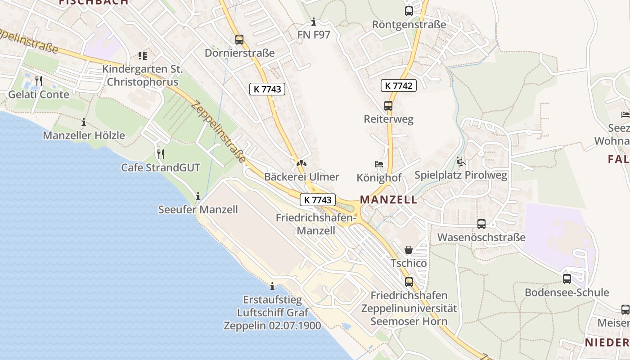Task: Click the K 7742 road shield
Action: pyautogui.click(x=399, y=85)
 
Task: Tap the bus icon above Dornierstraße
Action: pyautogui.click(x=239, y=40)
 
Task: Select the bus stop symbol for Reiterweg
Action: pyautogui.click(x=388, y=106)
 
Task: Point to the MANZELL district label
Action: pyautogui.click(x=389, y=200)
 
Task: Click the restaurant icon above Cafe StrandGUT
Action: pyautogui.click(x=160, y=154)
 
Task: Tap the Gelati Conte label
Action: pyautogui.click(x=39, y=94)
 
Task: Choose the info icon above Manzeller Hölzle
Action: pyautogui.click(x=83, y=122)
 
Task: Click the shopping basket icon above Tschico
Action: pyautogui.click(x=409, y=250)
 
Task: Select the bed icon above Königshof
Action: pyautogui.click(x=379, y=164)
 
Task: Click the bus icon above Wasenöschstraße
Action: pyautogui.click(x=481, y=224)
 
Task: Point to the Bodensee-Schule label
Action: pyautogui.click(x=567, y=292)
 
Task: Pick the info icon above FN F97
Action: pyautogui.click(x=314, y=22)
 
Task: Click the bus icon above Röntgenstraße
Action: pyautogui.click(x=409, y=11)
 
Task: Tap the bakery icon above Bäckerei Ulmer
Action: pyautogui.click(x=301, y=163)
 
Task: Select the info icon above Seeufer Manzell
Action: pyautogui.click(x=198, y=196)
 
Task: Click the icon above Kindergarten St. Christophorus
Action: pyautogui.click(x=142, y=56)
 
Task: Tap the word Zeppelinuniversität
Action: pyautogui.click(x=409, y=308)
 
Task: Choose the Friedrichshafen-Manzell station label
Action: pyautogui.click(x=316, y=224)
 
